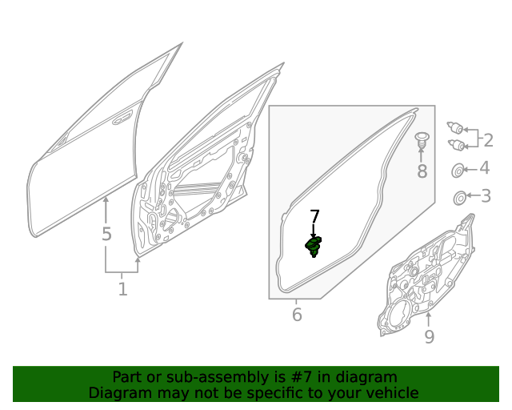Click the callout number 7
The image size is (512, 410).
click(x=314, y=217)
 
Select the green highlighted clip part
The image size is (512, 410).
click(x=314, y=247)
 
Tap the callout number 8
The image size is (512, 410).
click(x=422, y=171)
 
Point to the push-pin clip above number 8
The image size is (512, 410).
click(x=422, y=140)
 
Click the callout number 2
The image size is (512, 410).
click(x=488, y=140)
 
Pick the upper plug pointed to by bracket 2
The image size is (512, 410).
click(x=455, y=127)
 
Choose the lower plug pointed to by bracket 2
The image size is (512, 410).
click(x=457, y=144)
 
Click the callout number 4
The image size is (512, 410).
click(x=485, y=167)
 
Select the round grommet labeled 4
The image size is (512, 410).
click(x=458, y=170)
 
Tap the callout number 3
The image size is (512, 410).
click(x=486, y=196)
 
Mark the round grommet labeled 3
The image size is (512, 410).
click(x=460, y=198)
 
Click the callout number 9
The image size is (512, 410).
click(x=430, y=336)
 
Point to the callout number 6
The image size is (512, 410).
click(x=297, y=315)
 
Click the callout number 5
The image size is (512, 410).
click(x=106, y=234)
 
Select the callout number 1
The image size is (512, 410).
click(x=122, y=289)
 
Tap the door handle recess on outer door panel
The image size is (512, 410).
click(x=122, y=118)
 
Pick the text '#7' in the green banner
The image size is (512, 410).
click(x=302, y=377)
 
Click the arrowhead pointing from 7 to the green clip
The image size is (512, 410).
click(x=314, y=235)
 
